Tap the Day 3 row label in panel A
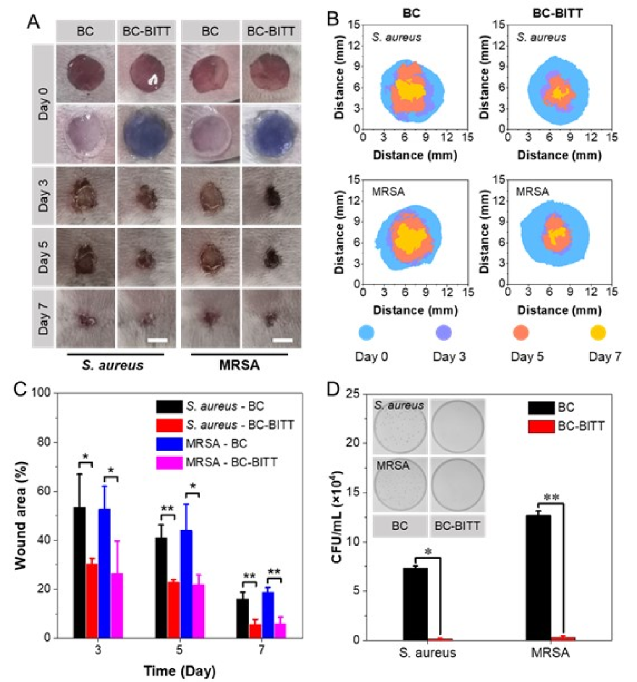point(44,195)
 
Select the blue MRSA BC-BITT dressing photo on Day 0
point(271,134)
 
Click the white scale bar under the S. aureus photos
point(157,340)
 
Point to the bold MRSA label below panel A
point(239,365)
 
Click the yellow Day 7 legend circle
point(598,333)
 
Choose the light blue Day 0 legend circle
point(367,333)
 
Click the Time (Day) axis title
point(179,671)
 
